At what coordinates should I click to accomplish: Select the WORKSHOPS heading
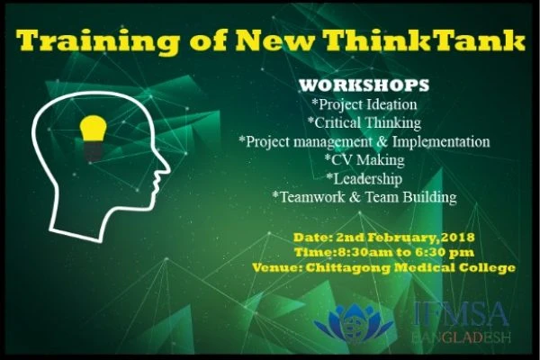pos(364,85)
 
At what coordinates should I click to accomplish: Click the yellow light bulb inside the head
pos(93,129)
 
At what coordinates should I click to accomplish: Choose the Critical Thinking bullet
pos(364,123)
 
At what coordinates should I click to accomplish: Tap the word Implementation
pos(441,141)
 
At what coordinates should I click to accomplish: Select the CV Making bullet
pos(364,160)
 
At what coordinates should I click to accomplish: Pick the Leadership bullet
pos(364,179)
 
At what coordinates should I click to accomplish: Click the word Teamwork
pos(312,197)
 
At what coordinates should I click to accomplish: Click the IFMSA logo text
pos(461,314)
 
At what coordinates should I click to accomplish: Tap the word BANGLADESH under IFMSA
pos(461,337)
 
